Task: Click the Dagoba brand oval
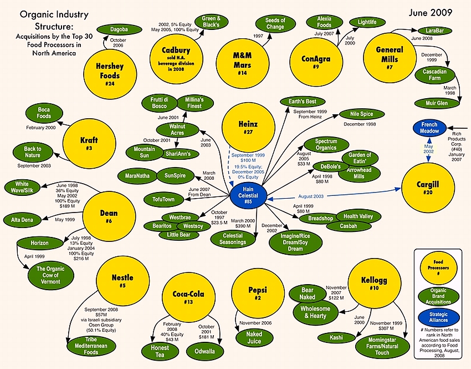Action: (119, 29)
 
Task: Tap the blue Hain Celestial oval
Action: (248, 196)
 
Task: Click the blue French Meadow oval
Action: (429, 128)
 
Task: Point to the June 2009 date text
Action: (431, 12)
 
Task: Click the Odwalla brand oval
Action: (204, 351)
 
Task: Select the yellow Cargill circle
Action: (428, 188)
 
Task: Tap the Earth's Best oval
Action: (302, 102)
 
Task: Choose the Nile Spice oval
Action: (362, 114)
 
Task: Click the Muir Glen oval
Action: (437, 103)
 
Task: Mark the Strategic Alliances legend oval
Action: (438, 317)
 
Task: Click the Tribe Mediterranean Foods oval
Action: (91, 346)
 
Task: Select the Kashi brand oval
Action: (336, 338)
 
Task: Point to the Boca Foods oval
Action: (44, 113)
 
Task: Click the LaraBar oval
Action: (434, 31)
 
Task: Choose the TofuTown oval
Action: (163, 199)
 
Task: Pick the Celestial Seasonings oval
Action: (233, 239)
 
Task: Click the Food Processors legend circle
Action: (438, 267)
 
